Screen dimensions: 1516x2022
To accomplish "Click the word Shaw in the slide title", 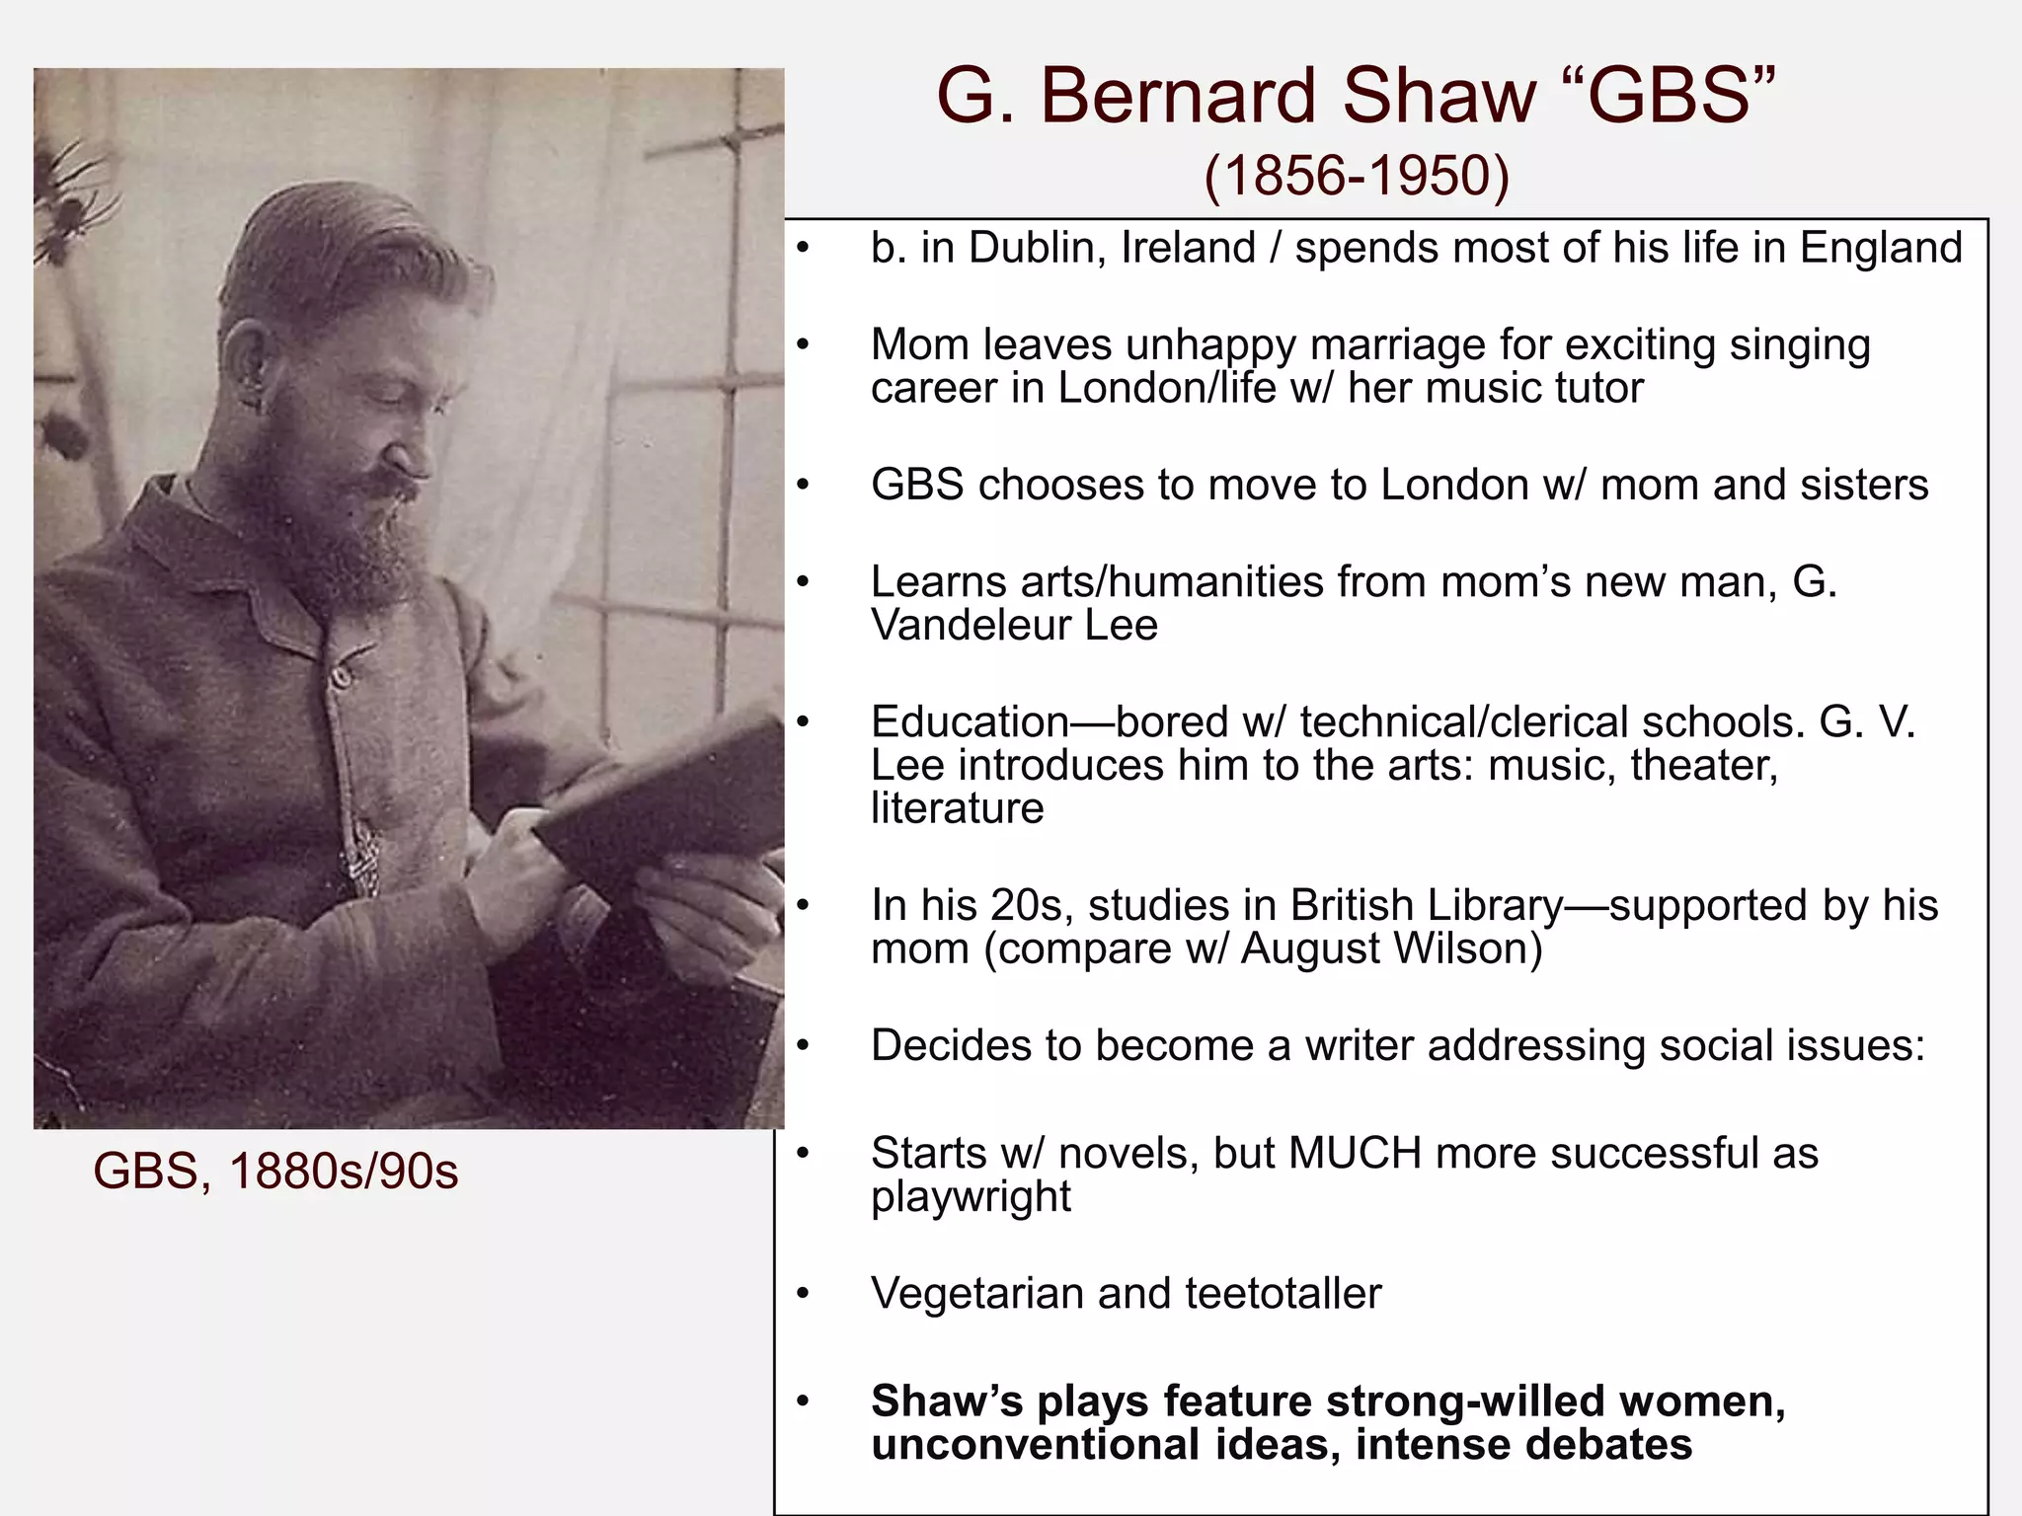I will coord(1439,97).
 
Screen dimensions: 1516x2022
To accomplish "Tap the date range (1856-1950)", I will coord(1357,177).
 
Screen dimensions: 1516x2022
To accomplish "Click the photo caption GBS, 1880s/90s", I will coord(275,1172).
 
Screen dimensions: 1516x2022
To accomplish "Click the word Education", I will coord(970,722).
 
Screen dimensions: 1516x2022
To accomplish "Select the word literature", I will coord(957,808).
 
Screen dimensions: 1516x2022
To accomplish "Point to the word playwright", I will coord(971,1197).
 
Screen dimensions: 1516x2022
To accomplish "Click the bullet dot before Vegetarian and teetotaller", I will coord(804,1294).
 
